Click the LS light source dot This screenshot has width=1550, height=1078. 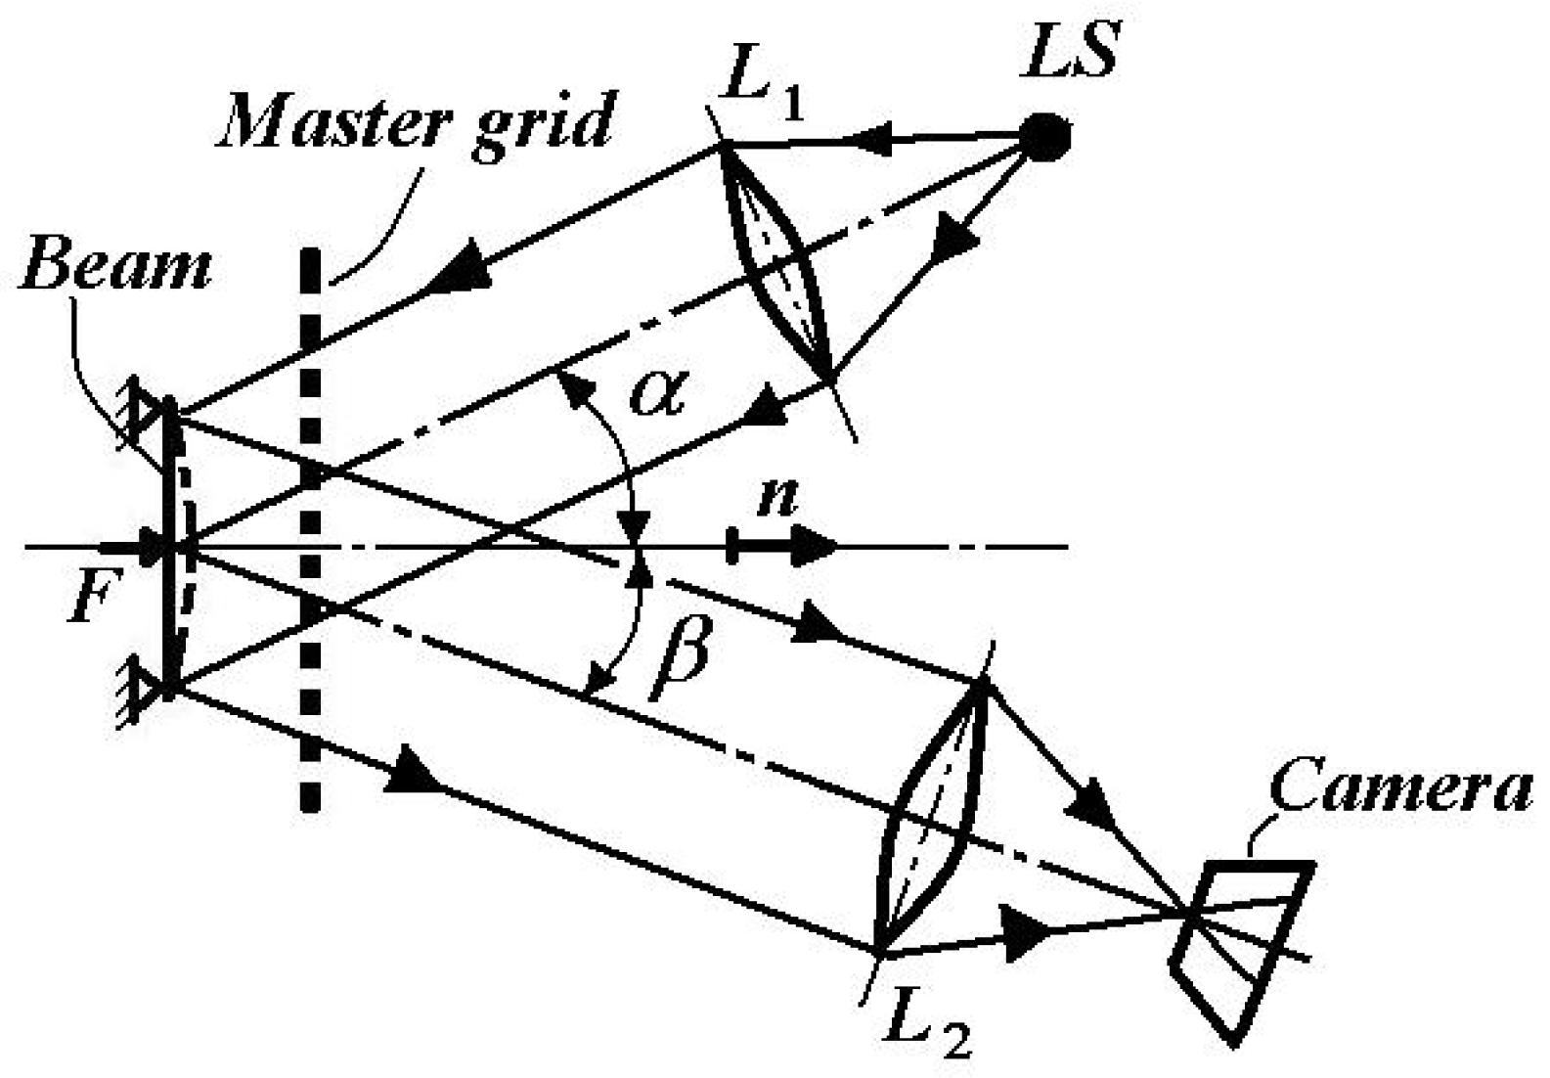click(1045, 137)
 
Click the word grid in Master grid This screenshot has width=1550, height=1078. click(541, 125)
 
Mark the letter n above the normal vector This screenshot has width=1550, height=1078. click(777, 500)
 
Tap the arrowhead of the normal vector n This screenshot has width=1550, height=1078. click(813, 546)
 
